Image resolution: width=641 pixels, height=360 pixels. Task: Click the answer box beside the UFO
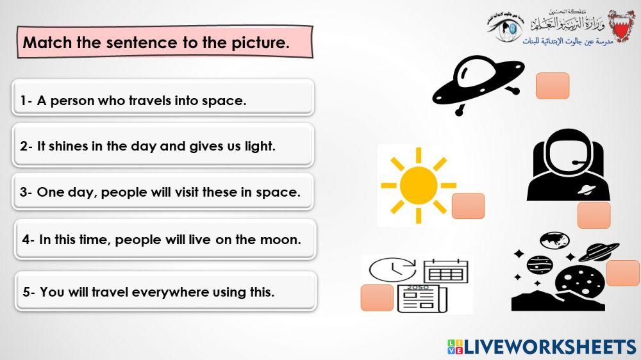(552, 86)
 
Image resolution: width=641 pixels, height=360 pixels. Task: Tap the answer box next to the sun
(468, 206)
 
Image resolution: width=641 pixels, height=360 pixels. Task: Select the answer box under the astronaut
(594, 215)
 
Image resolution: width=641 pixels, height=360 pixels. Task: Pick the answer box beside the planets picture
(622, 273)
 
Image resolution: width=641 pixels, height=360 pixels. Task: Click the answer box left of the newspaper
(377, 298)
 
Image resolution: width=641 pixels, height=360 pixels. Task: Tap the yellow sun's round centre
(418, 185)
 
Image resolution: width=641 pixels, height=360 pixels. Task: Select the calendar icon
(445, 271)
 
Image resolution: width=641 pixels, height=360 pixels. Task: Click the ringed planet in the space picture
(599, 250)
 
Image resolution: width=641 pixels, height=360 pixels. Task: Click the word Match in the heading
(46, 43)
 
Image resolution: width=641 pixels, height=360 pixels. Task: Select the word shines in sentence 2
(69, 146)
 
